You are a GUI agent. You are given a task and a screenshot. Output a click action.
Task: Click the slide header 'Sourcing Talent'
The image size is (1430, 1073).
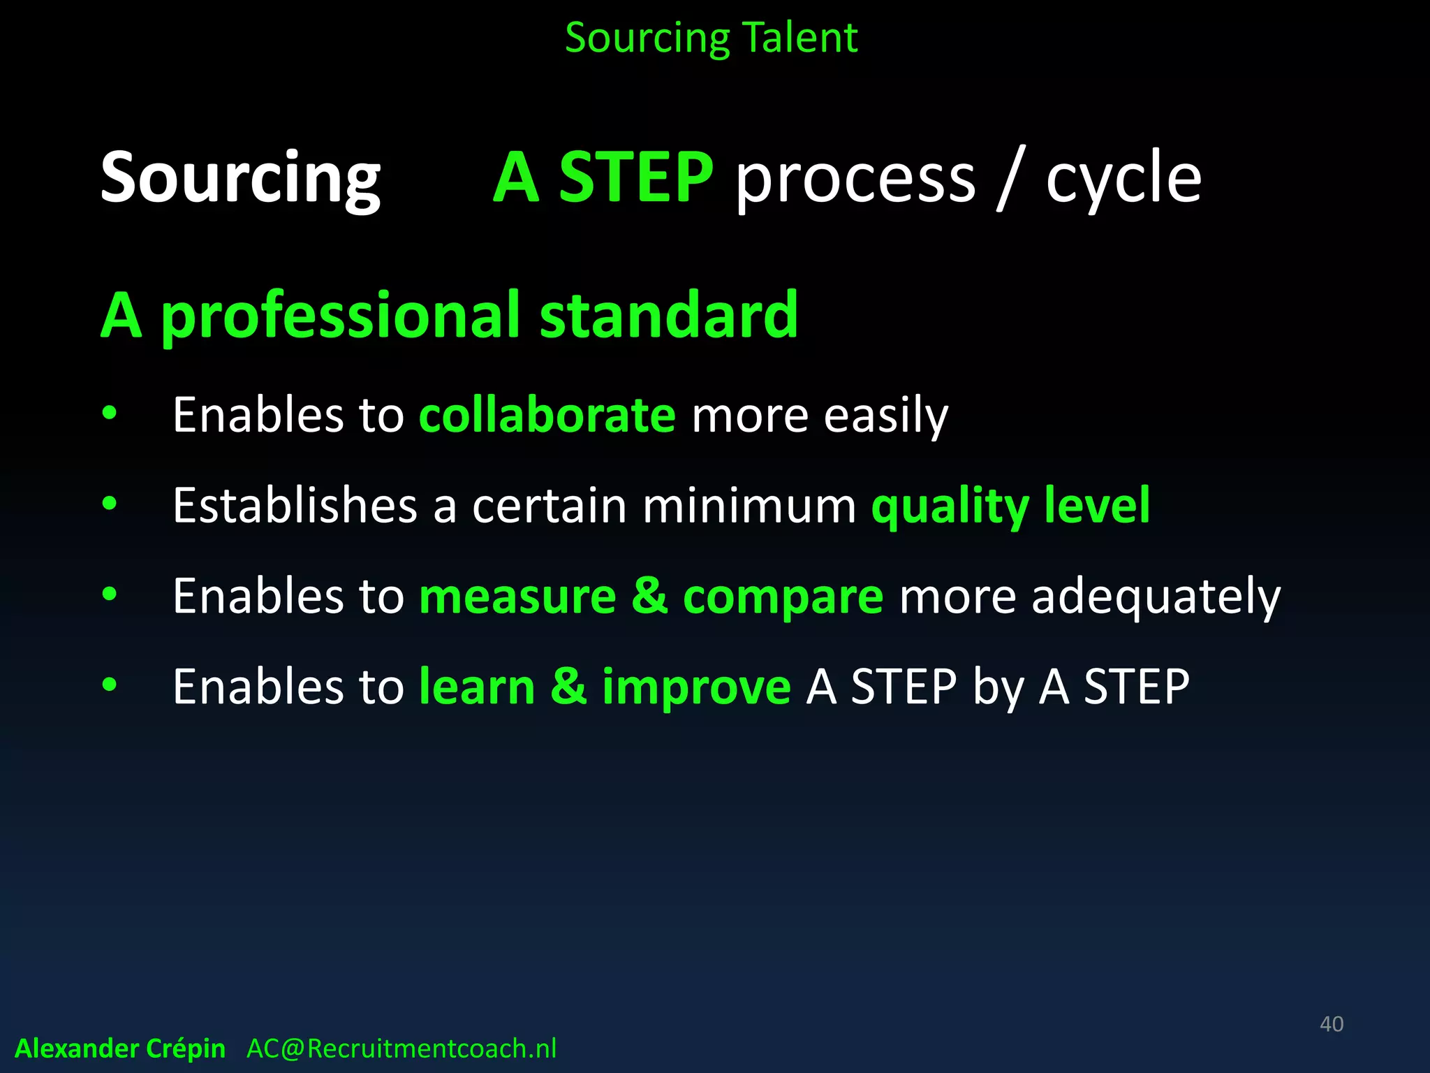[711, 38]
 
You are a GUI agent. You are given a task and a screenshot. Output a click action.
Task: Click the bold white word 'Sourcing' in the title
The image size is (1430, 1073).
[240, 177]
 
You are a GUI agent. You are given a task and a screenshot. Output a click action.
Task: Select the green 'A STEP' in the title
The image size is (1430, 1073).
[603, 177]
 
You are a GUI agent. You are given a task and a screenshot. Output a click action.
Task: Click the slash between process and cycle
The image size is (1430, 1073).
[1010, 177]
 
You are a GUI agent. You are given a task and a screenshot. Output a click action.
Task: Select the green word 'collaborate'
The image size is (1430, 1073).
[547, 415]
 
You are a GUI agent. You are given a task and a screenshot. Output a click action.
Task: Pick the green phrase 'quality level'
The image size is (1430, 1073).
[1010, 506]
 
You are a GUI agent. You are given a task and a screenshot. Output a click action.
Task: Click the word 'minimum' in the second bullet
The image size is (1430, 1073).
[749, 505]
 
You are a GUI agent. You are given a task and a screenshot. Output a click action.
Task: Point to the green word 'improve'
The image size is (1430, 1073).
[696, 686]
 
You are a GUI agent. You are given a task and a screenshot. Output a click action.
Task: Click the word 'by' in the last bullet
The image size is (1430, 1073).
[998, 687]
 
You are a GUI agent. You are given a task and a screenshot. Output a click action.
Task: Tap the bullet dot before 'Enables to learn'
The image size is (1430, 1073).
[110, 685]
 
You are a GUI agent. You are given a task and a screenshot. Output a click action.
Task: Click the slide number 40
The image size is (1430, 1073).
[1331, 1024]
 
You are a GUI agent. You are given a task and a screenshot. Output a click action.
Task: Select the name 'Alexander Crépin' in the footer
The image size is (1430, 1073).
[120, 1049]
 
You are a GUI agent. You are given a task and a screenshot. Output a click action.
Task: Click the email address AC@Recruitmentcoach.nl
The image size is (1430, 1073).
[401, 1049]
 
